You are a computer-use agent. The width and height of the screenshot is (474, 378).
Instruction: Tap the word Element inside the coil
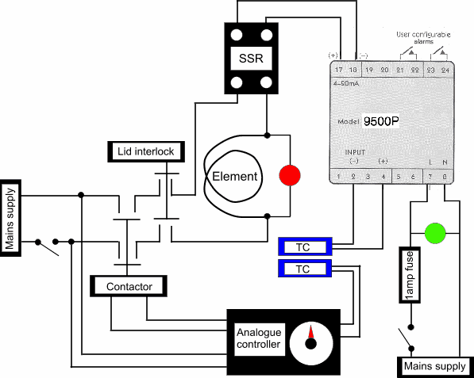[x=234, y=176]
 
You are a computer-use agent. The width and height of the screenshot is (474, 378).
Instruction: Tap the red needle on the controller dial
[x=311, y=334]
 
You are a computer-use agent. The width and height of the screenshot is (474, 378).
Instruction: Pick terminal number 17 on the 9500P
[x=339, y=71]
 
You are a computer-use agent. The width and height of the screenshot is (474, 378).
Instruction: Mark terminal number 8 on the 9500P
[x=445, y=176]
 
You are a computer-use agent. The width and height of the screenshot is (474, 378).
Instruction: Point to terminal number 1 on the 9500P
[x=339, y=176]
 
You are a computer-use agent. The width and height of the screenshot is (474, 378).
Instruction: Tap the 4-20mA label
[x=346, y=82]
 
